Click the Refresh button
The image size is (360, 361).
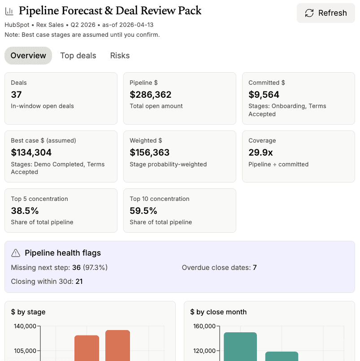tap(326, 13)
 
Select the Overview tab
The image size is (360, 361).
tap(28, 56)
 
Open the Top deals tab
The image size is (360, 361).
tap(78, 56)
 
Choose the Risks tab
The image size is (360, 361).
tap(120, 56)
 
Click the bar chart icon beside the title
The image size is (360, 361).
tap(9, 11)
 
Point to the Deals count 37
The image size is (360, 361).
tap(16, 95)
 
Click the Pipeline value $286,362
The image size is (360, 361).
tap(151, 95)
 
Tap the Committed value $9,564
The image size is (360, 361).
tap(264, 95)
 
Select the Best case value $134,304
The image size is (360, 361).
tap(31, 152)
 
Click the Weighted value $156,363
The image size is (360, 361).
tap(150, 152)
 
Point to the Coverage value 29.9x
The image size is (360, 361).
tap(260, 152)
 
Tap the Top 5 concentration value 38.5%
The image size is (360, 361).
tap(25, 211)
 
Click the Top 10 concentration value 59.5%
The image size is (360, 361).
tap(143, 211)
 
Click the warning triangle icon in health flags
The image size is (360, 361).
tap(16, 253)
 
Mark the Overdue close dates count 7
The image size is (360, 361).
tap(255, 268)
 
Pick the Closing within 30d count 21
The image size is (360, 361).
tap(78, 282)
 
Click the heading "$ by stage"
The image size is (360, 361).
tap(28, 312)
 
